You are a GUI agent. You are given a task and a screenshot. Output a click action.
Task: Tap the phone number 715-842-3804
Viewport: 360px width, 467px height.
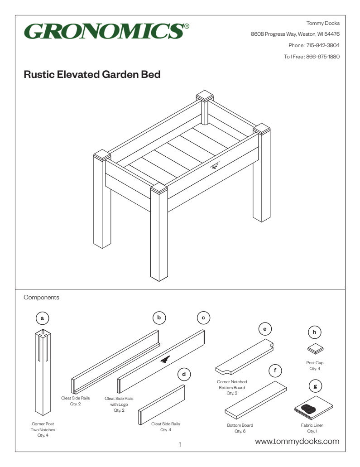coord(323,45)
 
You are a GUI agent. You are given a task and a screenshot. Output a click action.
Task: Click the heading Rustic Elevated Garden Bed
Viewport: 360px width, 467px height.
coord(92,75)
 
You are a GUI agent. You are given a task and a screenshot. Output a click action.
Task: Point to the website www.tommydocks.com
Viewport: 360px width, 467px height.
coord(297,441)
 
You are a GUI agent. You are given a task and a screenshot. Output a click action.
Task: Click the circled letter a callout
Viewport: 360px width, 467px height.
coord(42,318)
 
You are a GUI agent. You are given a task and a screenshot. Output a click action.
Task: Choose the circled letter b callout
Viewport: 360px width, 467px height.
coord(159,318)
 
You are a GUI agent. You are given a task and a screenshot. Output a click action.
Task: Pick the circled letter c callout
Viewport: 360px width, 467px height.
coord(203,318)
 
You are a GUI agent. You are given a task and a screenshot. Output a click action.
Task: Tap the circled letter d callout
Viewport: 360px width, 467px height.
coord(183,375)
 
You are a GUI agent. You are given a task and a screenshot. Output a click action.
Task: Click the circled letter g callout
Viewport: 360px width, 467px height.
coord(315,386)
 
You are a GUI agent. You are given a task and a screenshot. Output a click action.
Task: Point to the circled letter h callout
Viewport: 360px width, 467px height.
coord(315,332)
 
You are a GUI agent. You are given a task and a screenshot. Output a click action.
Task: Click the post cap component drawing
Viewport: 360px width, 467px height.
coord(315,348)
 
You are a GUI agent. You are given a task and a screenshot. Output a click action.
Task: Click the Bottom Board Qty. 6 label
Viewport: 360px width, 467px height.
coord(240,428)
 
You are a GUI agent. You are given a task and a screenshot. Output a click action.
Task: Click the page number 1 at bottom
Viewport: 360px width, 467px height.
coord(180,445)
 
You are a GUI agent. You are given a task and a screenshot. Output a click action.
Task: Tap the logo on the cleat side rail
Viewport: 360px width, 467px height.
coord(165,360)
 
